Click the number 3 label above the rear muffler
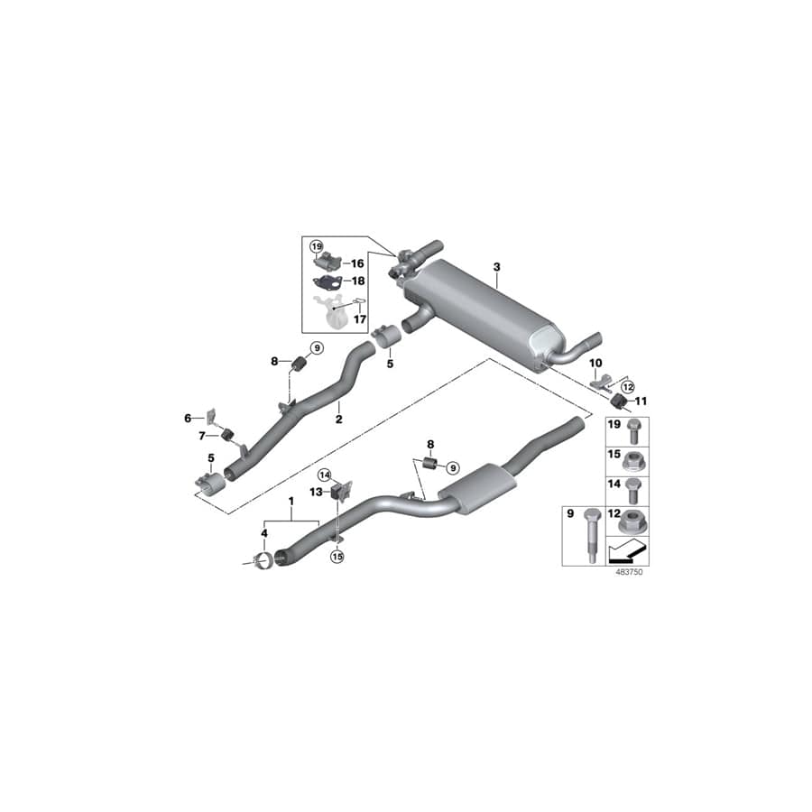click(495, 268)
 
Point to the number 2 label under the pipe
click(338, 419)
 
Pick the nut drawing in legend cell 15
click(632, 459)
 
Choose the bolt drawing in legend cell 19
click(632, 427)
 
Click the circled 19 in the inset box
click(316, 246)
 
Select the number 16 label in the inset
click(357, 263)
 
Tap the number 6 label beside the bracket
click(189, 418)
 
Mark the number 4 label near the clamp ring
click(264, 534)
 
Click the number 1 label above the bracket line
click(291, 501)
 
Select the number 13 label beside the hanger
click(318, 492)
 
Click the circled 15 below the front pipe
click(337, 558)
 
